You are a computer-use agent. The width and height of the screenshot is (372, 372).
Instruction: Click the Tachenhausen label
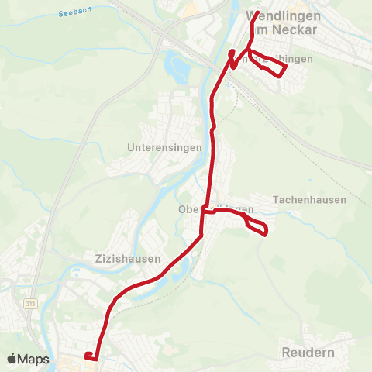pos(309,200)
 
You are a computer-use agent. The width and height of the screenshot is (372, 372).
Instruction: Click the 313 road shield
pos(30,303)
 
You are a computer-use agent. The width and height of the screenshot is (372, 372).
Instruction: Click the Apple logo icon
pos(12,359)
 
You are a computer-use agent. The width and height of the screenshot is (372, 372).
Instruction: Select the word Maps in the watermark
pos(33,359)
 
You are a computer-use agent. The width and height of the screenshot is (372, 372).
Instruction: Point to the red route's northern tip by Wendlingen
pos(257,13)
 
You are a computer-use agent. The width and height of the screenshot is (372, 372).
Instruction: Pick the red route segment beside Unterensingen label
pos(213,147)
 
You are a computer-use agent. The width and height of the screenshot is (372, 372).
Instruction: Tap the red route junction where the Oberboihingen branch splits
pos(203,209)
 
